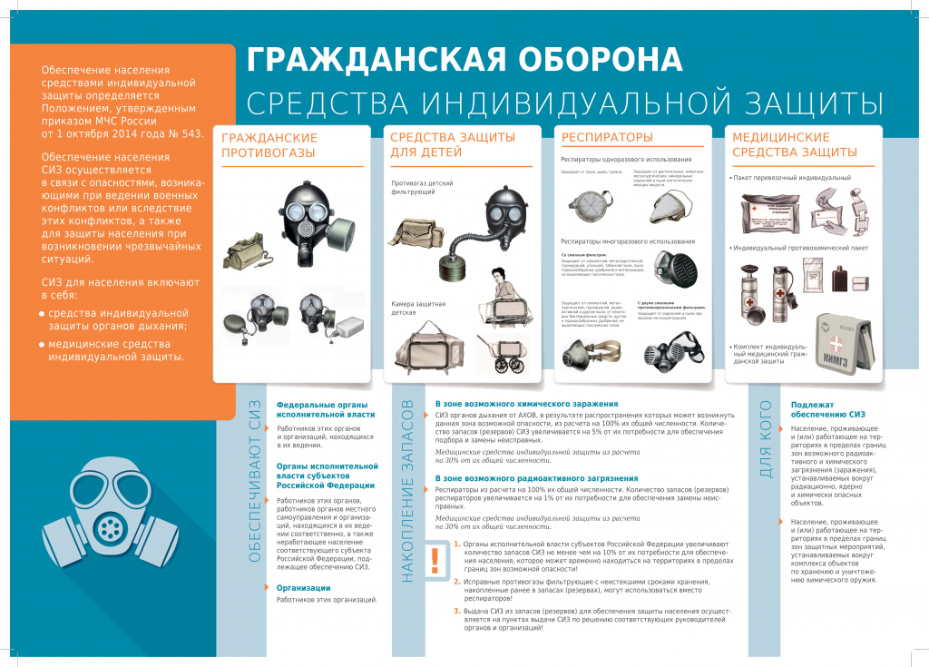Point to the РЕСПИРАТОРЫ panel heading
[607, 137]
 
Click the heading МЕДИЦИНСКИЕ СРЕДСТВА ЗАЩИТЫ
[794, 144]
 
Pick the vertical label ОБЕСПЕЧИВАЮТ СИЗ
[256, 481]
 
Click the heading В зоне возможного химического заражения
[526, 403]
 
